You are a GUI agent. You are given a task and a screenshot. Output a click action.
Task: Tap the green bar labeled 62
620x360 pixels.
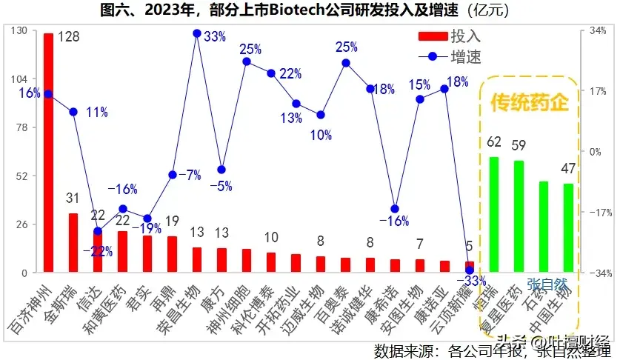(493, 214)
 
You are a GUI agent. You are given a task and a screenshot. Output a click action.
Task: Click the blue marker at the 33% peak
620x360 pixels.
(197, 33)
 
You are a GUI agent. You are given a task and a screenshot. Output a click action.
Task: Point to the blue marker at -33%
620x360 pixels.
(469, 270)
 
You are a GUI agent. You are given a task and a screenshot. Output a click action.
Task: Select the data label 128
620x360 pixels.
(69, 37)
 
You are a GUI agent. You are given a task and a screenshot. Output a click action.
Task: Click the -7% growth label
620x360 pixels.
(190, 176)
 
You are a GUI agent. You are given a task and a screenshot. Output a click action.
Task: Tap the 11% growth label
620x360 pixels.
(96, 113)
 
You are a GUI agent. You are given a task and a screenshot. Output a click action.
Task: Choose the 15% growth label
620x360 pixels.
(419, 84)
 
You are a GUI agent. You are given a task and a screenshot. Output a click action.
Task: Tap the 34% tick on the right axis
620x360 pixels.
(597, 30)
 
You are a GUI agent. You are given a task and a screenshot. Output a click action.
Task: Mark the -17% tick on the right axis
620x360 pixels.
(596, 212)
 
